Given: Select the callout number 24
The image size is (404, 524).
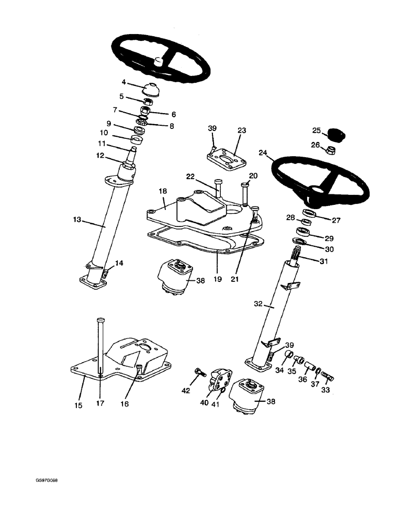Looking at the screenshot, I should pyautogui.click(x=263, y=153).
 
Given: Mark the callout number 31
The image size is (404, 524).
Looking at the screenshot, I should pyautogui.click(x=323, y=261).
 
